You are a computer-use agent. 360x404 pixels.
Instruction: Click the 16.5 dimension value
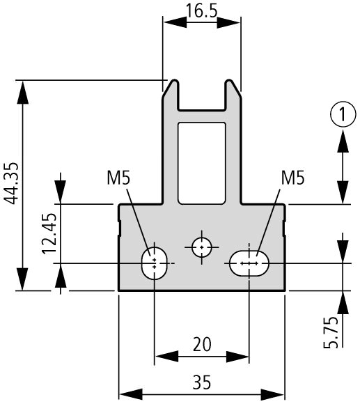click(202, 11)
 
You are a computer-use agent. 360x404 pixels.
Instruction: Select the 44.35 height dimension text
click(12, 183)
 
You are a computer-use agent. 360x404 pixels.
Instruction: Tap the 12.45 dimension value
click(49, 234)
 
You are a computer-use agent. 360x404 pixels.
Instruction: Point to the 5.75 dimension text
click(331, 332)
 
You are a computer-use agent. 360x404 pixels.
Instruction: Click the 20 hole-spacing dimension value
click(202, 344)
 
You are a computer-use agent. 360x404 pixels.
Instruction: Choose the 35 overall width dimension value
click(202, 382)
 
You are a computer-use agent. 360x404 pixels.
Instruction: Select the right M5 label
click(292, 178)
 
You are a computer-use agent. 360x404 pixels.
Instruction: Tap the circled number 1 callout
click(343, 114)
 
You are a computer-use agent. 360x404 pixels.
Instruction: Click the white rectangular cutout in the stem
click(202, 164)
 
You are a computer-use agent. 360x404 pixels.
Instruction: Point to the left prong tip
click(175, 81)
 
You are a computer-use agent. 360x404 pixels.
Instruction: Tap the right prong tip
click(228, 81)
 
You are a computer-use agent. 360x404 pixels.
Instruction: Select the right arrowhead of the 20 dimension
click(237, 357)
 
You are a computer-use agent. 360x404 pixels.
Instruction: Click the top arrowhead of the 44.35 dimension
click(23, 92)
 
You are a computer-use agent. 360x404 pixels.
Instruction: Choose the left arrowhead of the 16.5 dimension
click(175, 22)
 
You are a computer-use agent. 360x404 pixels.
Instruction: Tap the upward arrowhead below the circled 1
click(343, 141)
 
